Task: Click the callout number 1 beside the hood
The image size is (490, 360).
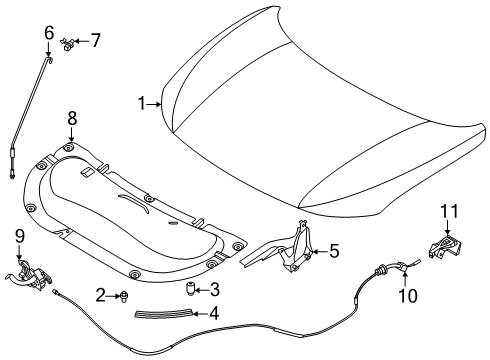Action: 142,102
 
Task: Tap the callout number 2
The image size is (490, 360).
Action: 102,294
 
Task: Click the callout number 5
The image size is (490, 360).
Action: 334,251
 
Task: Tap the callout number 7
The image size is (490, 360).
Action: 95,41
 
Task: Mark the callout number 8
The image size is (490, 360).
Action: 71,118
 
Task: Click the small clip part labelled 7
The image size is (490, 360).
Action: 68,42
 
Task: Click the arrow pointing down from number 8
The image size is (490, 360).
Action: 71,137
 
